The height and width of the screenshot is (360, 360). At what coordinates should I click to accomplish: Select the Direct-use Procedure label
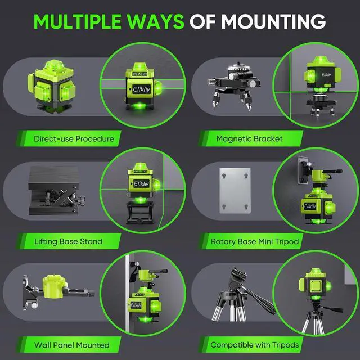pyautogui.click(x=73, y=138)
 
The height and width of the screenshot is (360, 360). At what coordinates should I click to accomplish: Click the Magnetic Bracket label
pyautogui.click(x=249, y=138)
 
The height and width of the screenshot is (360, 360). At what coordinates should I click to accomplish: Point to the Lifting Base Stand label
pyautogui.click(x=67, y=241)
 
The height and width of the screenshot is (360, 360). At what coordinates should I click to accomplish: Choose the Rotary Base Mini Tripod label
pyautogui.click(x=255, y=241)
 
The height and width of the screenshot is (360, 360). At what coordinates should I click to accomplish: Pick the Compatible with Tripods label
pyautogui.click(x=255, y=344)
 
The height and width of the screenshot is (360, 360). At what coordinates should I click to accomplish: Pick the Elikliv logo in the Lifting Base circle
pyautogui.click(x=141, y=184)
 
